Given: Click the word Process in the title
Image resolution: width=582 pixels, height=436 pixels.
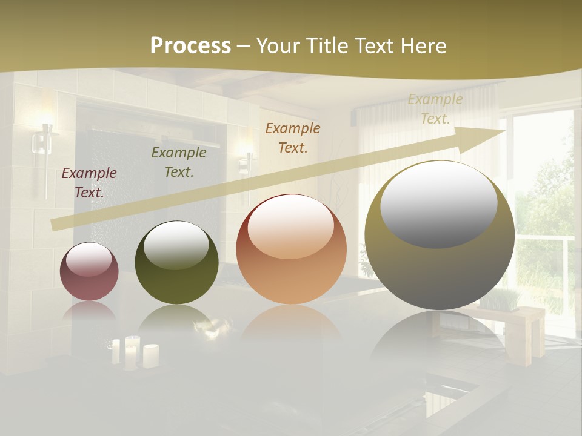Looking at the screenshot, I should tap(190, 45).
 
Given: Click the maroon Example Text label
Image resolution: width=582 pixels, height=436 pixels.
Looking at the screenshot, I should tap(89, 183).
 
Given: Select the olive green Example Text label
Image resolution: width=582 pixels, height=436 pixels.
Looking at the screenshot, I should tap(179, 162).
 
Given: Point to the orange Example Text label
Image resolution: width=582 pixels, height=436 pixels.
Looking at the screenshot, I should tap(293, 137).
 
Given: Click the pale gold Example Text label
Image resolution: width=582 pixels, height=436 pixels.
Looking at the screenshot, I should tap(435, 109).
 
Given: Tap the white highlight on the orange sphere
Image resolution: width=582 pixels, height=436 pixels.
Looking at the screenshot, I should tap(291, 226).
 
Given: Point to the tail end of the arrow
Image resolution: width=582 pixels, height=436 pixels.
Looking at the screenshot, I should tap(55, 225).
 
